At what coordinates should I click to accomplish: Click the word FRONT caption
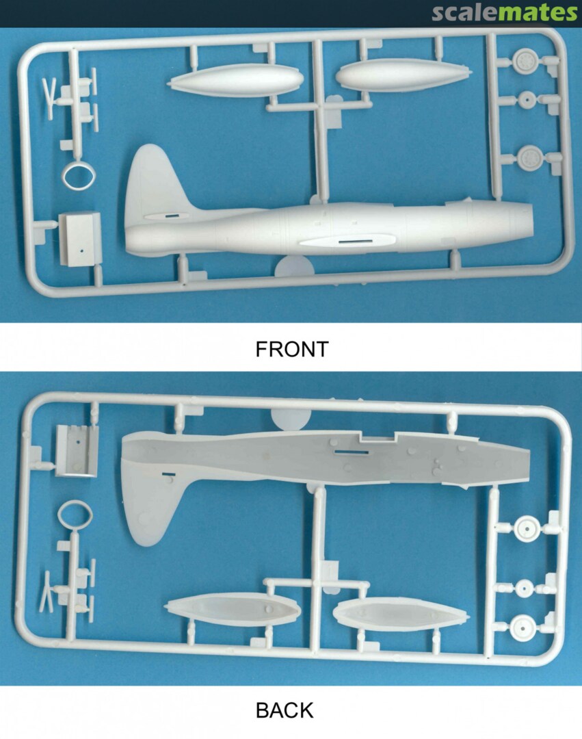click(291, 349)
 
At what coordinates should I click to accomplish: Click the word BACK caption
click(285, 710)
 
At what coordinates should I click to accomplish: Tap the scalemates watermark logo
click(504, 13)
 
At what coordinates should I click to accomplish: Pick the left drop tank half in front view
click(235, 80)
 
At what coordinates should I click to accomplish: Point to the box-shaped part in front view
click(79, 238)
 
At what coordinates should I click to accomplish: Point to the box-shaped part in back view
click(77, 450)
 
